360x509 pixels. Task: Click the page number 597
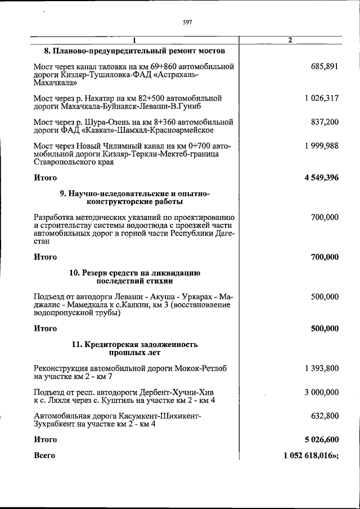[188, 22]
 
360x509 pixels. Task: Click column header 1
[134, 40]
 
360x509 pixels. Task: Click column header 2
[290, 40]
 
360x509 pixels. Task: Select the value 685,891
[324, 66]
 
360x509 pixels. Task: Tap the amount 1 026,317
[322, 98]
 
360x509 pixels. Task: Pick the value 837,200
[324, 121]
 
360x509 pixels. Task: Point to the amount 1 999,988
[322, 146]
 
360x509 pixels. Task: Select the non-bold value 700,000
[324, 217]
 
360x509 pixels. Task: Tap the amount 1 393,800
[322, 368]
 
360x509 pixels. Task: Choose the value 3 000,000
[322, 391]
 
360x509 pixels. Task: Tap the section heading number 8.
[47, 50]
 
